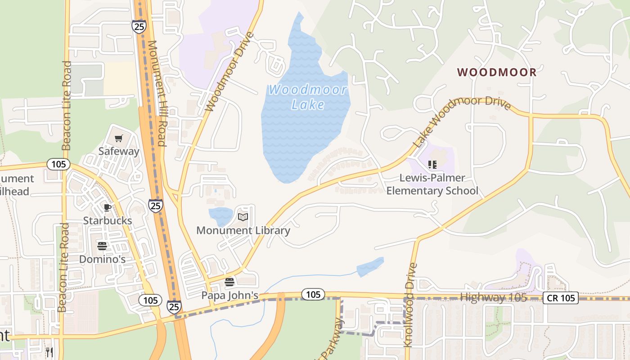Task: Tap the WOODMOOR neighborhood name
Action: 497,72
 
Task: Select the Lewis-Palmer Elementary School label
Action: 432,184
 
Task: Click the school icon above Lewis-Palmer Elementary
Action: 432,165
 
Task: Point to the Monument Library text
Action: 243,231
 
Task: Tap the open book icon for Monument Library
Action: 243,217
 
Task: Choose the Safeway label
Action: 119,151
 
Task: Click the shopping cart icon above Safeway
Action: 118,138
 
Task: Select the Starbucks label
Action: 108,220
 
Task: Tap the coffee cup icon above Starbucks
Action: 107,207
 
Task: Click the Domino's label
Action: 102,259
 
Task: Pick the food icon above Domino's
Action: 102,246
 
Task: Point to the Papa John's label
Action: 229,296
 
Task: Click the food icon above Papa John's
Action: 229,282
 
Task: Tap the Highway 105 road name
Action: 493,297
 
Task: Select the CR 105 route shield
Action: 560,298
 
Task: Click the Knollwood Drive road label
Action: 409,305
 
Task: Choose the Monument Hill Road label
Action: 157,94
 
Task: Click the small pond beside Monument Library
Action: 220,216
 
